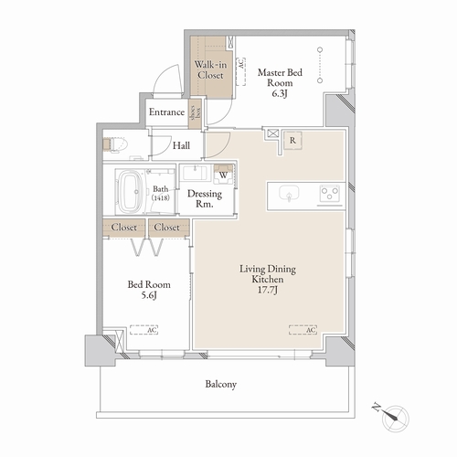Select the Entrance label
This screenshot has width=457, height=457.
coord(167,112)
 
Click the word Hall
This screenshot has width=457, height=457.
coord(183,144)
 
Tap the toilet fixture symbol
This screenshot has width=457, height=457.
coord(115,144)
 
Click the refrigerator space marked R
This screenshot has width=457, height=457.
coord(292,139)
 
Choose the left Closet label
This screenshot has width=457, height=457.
coord(124,227)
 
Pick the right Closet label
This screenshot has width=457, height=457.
coord(166,227)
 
